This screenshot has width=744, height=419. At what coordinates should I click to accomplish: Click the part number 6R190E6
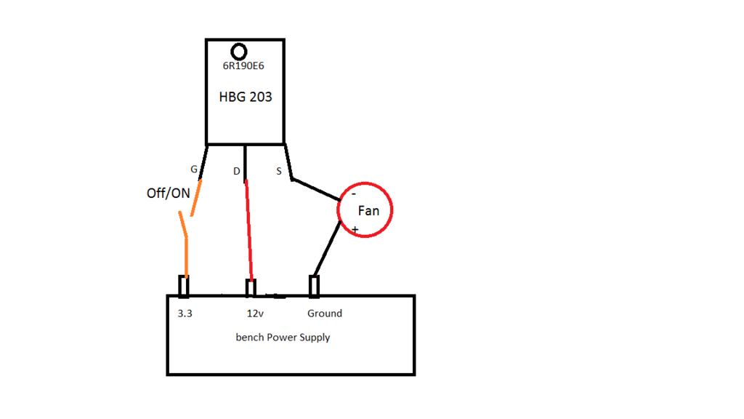point(243,66)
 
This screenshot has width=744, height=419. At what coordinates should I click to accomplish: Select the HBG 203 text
point(246,97)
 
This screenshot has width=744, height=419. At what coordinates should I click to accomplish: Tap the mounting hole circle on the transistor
point(239,52)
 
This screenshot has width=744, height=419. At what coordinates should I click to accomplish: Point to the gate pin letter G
point(194,169)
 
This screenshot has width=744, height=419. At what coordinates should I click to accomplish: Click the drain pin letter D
point(236,172)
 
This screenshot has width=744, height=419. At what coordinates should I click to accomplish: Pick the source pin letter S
point(279,172)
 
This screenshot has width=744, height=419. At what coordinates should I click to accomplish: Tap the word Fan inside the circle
point(368,211)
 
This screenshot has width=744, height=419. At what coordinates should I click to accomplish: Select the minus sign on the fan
point(354,194)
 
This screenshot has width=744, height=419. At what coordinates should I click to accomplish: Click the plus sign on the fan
point(355,229)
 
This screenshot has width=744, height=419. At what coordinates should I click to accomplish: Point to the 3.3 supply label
point(185,314)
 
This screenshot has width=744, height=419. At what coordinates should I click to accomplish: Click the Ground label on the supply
point(324,314)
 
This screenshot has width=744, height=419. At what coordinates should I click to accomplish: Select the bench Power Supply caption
point(283,338)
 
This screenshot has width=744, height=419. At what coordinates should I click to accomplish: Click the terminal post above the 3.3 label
point(184,287)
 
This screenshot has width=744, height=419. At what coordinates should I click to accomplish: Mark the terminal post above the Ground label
point(315,287)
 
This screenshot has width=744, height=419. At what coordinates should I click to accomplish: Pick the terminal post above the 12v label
point(251,288)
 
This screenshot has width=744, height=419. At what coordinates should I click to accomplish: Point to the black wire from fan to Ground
point(326,249)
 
